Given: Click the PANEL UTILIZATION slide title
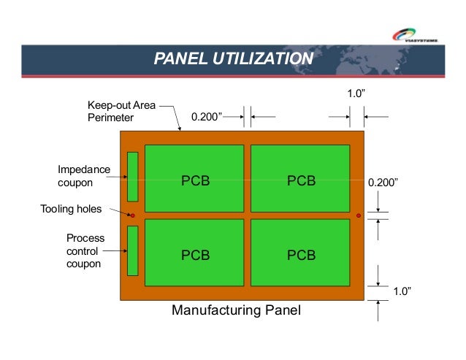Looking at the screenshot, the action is (x=233, y=58).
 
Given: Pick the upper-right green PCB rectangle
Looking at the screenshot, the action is (x=300, y=177).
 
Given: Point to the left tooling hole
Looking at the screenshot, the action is (x=132, y=215).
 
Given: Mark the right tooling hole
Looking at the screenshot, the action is (x=359, y=215).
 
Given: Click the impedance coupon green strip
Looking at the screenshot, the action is (x=133, y=176).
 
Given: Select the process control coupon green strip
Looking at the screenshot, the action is (x=133, y=250).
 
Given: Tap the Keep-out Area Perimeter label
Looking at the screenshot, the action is (x=121, y=111).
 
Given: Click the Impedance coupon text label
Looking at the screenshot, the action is (x=84, y=176).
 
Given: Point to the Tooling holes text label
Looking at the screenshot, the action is (x=71, y=210).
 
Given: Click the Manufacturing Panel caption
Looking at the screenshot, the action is (x=236, y=311).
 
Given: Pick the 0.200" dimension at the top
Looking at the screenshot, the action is (x=207, y=116).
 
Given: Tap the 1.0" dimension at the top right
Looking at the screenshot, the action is (x=356, y=94).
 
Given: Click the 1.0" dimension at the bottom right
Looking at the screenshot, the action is (x=402, y=292).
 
